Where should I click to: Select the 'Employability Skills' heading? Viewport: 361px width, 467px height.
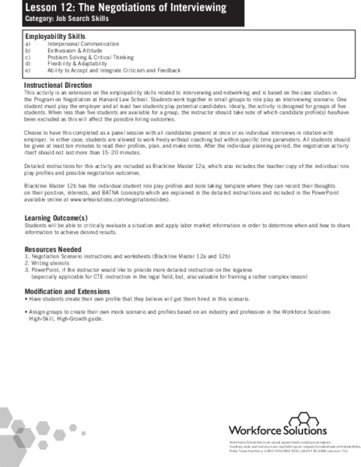click(55, 36)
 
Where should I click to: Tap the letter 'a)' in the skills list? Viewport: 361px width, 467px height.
click(28, 44)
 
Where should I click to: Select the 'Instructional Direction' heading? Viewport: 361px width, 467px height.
click(62, 83)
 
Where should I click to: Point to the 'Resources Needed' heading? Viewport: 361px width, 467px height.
click(54, 248)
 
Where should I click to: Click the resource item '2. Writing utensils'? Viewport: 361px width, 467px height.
click(51, 263)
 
